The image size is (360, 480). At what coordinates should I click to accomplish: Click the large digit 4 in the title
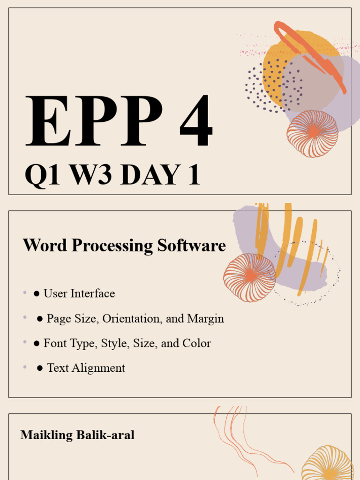coord(196,121)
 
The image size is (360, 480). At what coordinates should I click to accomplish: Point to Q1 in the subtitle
coord(42,175)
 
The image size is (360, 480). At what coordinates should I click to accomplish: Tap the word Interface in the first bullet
coord(93,293)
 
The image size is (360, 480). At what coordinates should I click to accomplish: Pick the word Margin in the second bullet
coord(205,319)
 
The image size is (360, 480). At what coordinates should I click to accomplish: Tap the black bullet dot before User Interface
coord(37,294)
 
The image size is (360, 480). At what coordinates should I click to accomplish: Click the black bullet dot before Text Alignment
coord(40,368)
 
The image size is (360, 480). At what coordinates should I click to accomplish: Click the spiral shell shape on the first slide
coord(312,134)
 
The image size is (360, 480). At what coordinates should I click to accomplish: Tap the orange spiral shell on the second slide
coord(249,277)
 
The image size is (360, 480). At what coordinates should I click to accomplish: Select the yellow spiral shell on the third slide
coord(327,464)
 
